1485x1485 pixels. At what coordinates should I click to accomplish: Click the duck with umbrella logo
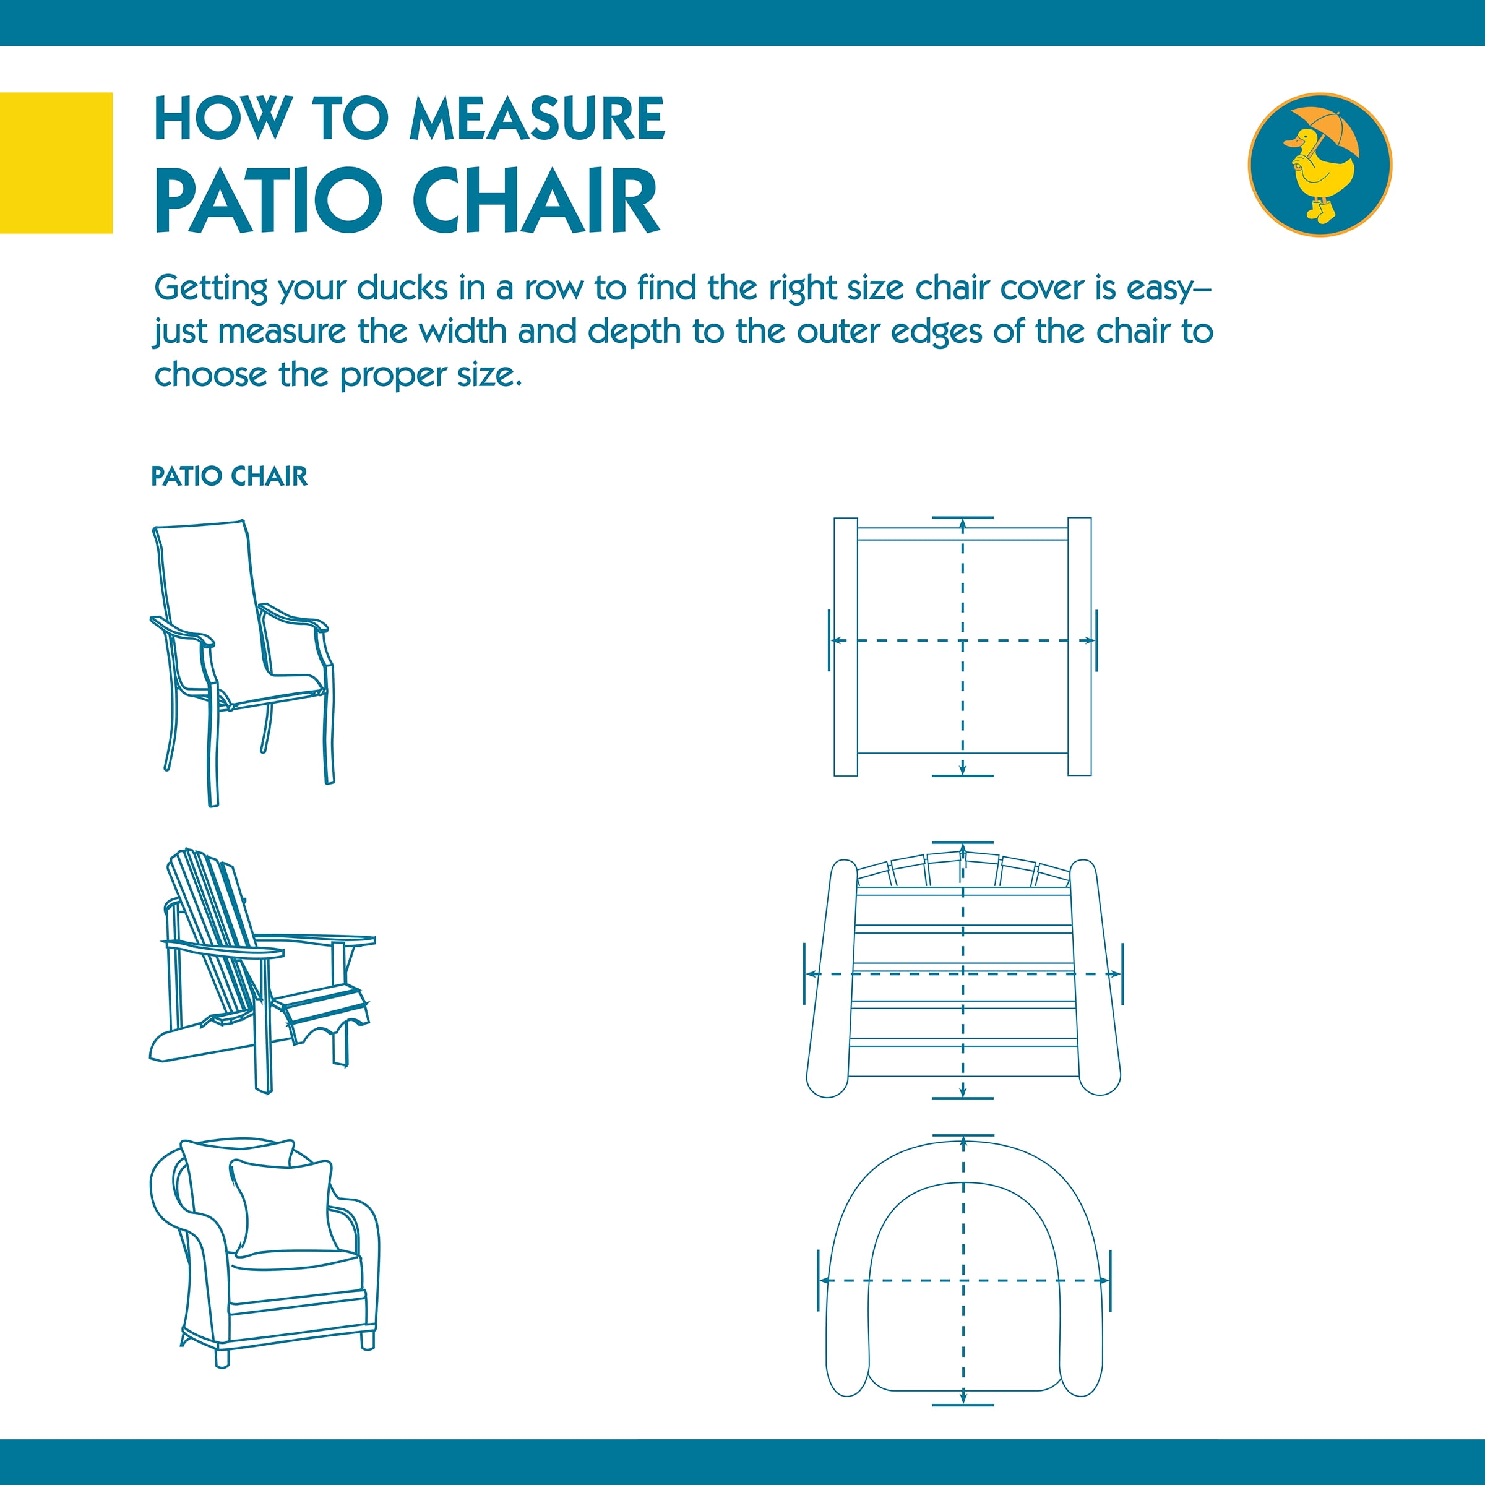[x=1320, y=165]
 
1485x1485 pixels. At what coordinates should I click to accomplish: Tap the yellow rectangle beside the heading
[x=56, y=163]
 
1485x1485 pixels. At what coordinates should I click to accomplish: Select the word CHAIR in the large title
[x=536, y=200]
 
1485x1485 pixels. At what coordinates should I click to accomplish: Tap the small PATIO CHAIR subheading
[x=229, y=476]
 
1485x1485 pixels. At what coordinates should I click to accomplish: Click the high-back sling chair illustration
[x=242, y=663]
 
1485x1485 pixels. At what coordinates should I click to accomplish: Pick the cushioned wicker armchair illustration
[x=264, y=1254]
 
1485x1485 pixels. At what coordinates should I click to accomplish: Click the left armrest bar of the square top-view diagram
[x=845, y=647]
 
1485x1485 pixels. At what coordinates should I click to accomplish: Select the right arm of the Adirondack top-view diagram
[x=1095, y=976]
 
